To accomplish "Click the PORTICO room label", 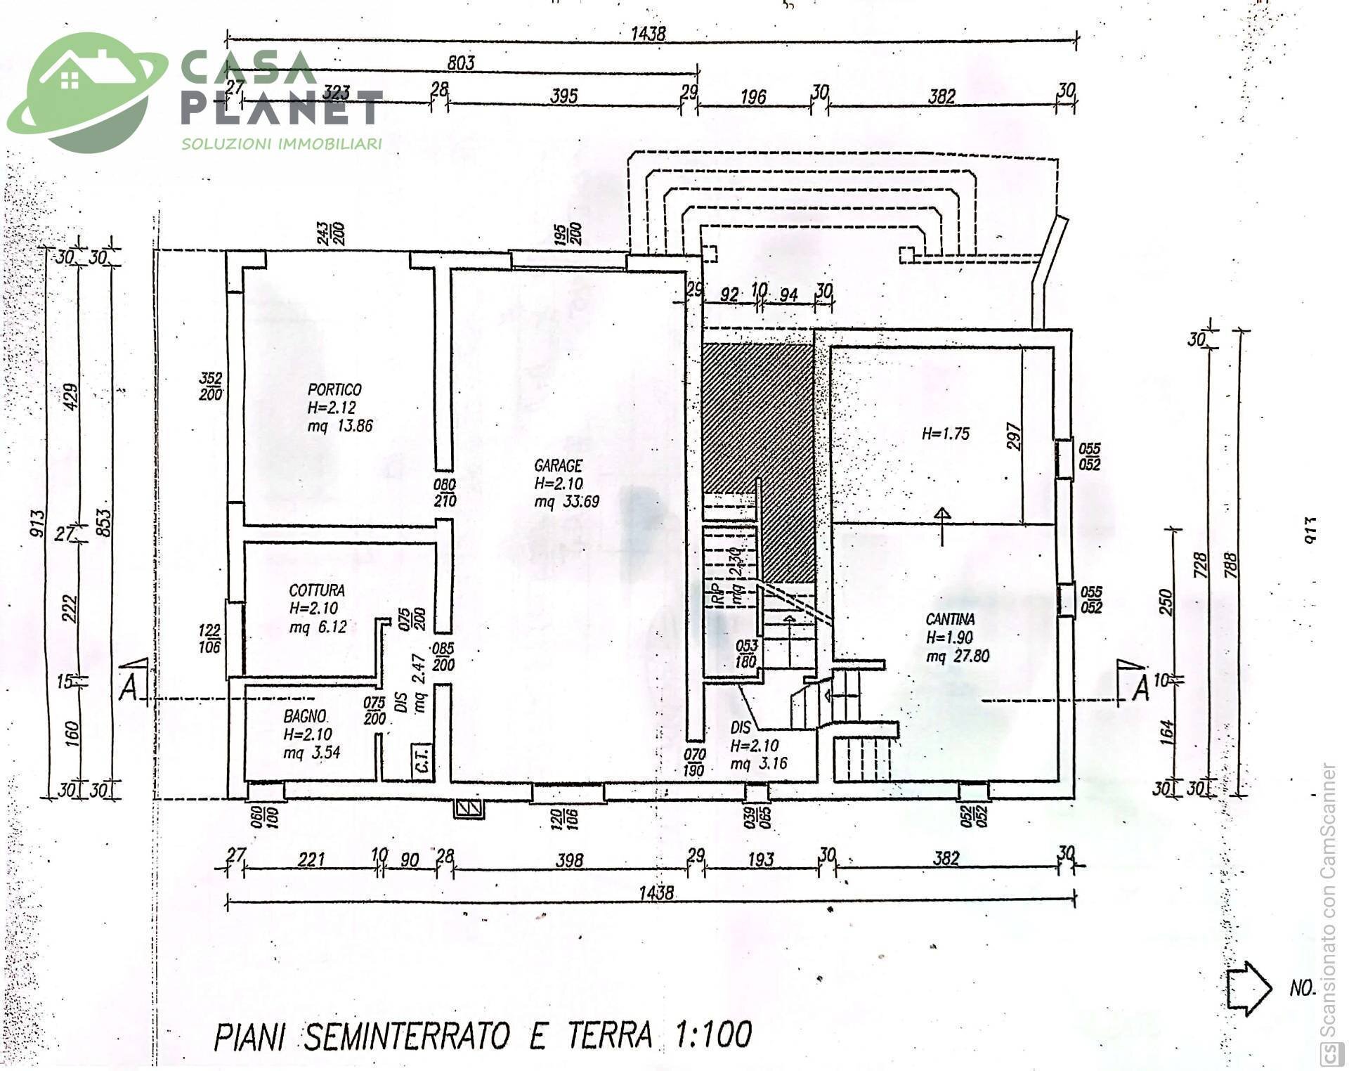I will [x=334, y=389].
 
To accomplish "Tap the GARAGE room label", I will [x=558, y=465].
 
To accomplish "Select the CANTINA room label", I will [x=950, y=619].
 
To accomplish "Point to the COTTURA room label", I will [x=317, y=590].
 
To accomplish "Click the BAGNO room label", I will [x=304, y=716].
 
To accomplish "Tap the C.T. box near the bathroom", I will [x=422, y=760].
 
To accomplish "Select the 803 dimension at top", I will [x=461, y=63].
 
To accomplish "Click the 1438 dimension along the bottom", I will [x=656, y=892].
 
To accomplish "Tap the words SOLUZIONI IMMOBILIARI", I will [x=282, y=144].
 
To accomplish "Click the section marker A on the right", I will [x=1141, y=689].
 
